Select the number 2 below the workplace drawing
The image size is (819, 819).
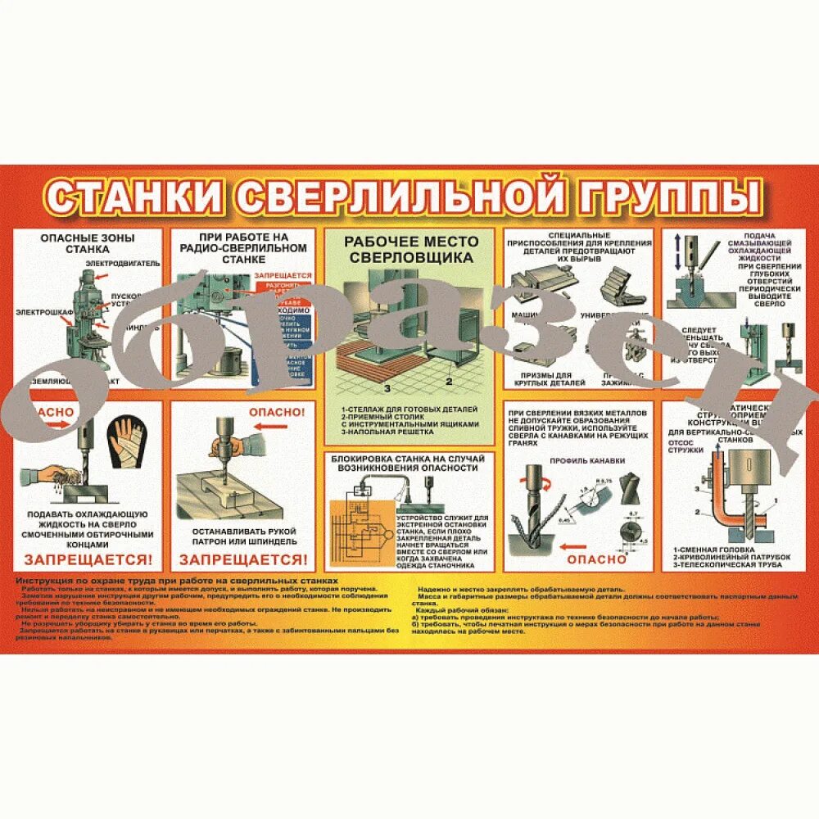449,381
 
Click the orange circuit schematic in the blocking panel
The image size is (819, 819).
360,532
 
